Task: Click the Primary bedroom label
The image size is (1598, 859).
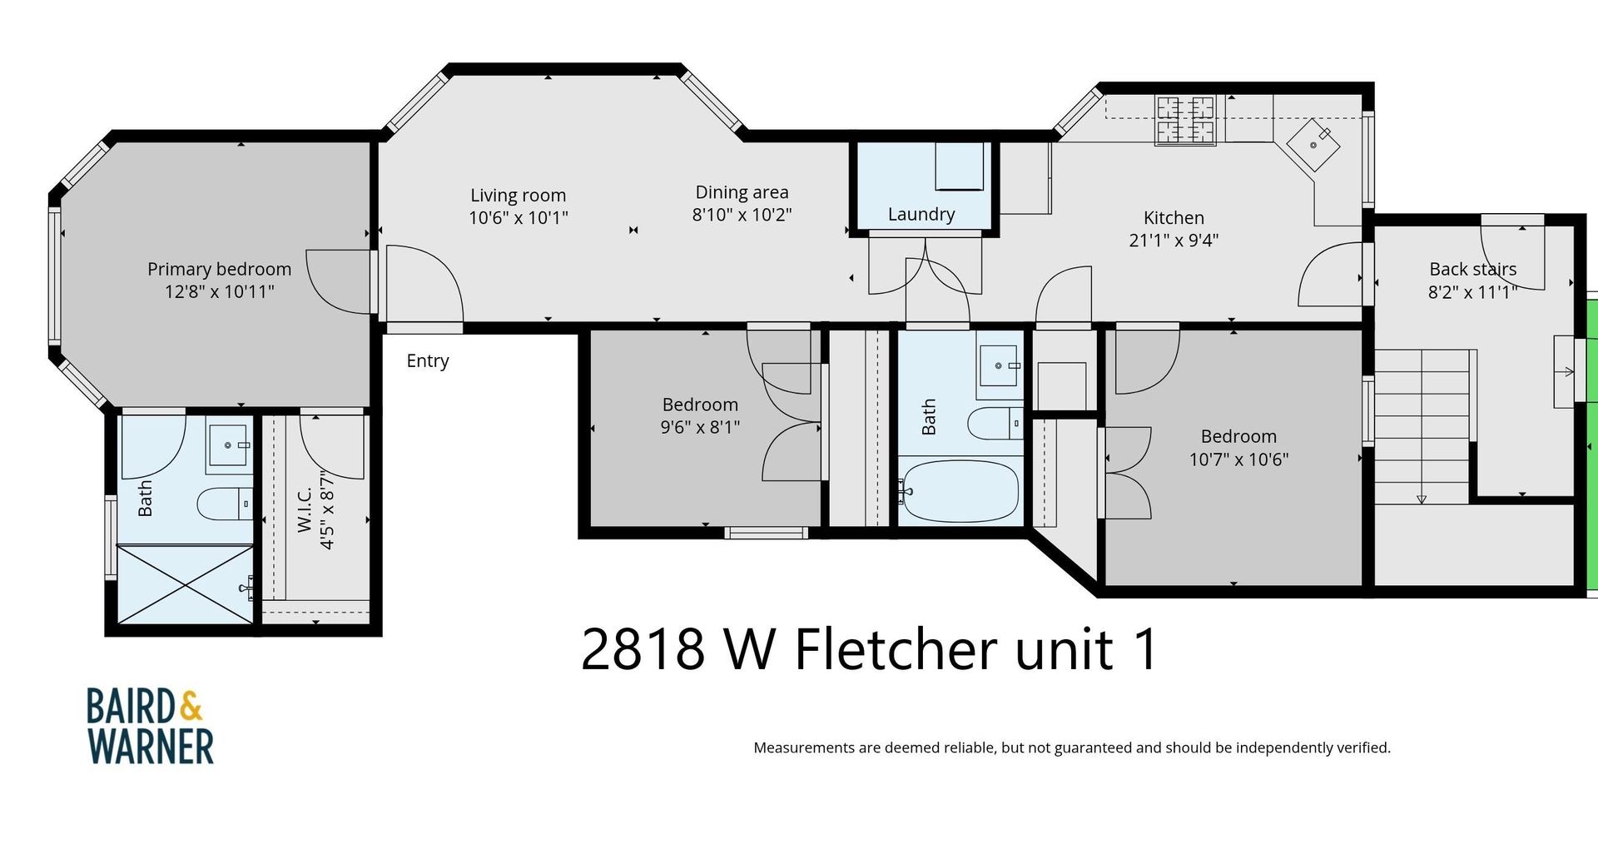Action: click(x=219, y=269)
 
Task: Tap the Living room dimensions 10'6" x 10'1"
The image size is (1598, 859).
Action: click(x=518, y=218)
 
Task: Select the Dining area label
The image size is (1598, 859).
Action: click(x=742, y=192)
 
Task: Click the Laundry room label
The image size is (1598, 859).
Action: click(x=921, y=214)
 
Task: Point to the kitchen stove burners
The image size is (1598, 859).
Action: click(x=1185, y=119)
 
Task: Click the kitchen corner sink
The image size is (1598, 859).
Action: click(x=1313, y=145)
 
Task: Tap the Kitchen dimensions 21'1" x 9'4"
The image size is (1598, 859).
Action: click(x=1174, y=241)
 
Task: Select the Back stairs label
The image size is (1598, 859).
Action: click(x=1472, y=269)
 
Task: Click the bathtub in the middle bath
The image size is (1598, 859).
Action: click(x=960, y=491)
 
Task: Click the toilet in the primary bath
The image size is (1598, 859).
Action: click(x=223, y=503)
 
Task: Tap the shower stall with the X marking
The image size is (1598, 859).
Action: click(x=184, y=583)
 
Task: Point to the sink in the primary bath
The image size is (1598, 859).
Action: click(x=228, y=444)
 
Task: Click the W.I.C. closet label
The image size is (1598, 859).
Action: click(x=305, y=510)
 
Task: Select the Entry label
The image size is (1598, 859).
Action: click(x=428, y=360)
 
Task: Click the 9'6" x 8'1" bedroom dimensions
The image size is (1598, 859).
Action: click(x=700, y=427)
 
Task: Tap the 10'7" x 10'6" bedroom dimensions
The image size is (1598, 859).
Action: click(x=1238, y=459)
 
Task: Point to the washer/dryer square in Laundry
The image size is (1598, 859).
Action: click(x=959, y=166)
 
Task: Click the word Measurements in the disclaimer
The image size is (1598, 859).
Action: click(x=804, y=747)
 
